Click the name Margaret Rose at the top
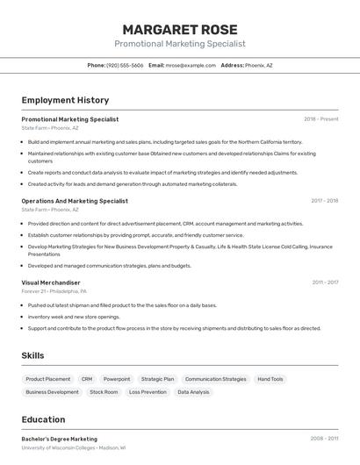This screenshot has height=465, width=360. point(180,29)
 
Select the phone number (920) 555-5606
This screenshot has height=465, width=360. point(125,65)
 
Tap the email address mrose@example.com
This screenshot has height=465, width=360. point(191,65)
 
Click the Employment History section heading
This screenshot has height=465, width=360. point(65,100)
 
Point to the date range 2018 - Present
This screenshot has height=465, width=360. point(320,119)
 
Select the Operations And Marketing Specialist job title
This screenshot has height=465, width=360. point(75,201)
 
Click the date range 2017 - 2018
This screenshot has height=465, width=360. point(324,201)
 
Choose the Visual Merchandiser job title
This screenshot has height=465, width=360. point(51,283)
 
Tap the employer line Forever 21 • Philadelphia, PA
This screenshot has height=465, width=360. point(54,290)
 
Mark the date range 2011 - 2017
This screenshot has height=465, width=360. point(325,283)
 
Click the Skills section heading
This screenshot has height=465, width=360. point(32,355)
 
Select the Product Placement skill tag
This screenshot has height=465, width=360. point(48,379)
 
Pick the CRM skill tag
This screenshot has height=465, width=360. point(87,379)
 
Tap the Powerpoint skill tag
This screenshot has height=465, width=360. point(117,379)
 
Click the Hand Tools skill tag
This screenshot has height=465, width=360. point(270,379)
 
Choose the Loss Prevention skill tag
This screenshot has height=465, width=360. point(148,392)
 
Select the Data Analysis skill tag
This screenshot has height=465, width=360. point(193,392)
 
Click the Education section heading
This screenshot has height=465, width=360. point(43,419)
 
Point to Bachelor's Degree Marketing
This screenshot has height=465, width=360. point(60,439)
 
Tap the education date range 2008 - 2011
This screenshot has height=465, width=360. point(324,439)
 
